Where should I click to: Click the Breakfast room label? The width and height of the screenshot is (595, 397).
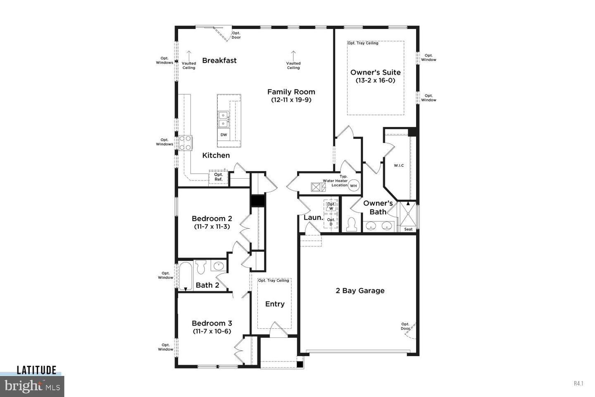pos(219,60)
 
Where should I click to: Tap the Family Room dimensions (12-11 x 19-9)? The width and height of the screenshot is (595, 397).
pos(291,100)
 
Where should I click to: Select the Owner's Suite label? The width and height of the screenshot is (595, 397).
pos(375,72)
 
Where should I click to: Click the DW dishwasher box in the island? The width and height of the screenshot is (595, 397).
pos(224,135)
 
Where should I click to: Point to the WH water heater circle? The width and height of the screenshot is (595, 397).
pos(354,186)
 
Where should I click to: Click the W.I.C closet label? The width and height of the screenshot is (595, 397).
pos(399,165)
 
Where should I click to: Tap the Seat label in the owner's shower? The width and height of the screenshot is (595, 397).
pos(408,229)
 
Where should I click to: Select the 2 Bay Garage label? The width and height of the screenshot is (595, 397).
pos(360,291)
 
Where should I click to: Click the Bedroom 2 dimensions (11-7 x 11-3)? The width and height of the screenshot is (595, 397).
pos(212,227)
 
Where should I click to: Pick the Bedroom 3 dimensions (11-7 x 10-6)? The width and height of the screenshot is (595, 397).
pos(212,331)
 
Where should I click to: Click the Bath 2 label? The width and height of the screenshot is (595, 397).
pos(207,285)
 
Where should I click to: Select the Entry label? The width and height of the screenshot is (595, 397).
pos(275,304)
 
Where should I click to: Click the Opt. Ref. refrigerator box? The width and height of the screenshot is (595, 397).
pos(218,177)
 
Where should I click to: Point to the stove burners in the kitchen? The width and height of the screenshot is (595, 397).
pos(186,143)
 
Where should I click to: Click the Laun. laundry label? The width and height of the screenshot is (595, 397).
pos(313,217)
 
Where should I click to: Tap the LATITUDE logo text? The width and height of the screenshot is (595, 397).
pos(36,370)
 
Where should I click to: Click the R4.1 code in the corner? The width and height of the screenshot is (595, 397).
pos(578,383)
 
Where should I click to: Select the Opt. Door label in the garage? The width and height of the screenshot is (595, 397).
pos(405,326)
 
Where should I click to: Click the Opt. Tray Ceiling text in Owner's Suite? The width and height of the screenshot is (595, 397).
pos(363,43)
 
